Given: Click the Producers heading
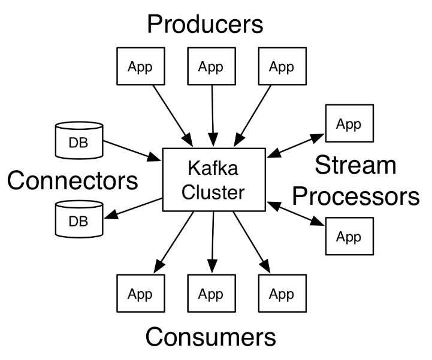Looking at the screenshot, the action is pyautogui.click(x=206, y=25).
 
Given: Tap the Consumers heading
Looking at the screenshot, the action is pyautogui.click(x=211, y=337).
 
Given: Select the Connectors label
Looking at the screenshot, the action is pyautogui.click(x=72, y=180).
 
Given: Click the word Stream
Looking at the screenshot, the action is pyautogui.click(x=355, y=165).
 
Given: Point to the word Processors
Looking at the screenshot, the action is pyautogui.click(x=356, y=196).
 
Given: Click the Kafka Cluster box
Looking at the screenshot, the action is pyautogui.click(x=214, y=180).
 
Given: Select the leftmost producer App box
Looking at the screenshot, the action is pyautogui.click(x=141, y=66).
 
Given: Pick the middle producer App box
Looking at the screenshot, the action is pyautogui.click(x=212, y=66).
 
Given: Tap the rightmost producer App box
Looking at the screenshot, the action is pyautogui.click(x=282, y=66).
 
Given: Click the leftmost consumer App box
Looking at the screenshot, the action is pyautogui.click(x=141, y=294).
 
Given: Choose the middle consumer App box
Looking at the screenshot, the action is pyautogui.click(x=212, y=294).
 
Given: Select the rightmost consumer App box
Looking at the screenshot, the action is pyautogui.click(x=282, y=294).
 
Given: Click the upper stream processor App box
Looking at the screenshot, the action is pyautogui.click(x=350, y=123).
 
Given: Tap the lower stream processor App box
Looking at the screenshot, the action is pyautogui.click(x=350, y=236).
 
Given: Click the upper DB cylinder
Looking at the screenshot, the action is pyautogui.click(x=79, y=141).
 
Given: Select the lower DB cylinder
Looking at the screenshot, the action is pyautogui.click(x=79, y=219).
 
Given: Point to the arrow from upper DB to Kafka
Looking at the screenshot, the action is pyautogui.click(x=132, y=151).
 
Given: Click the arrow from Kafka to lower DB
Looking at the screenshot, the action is pyautogui.click(x=133, y=208).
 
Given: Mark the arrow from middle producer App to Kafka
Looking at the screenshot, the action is pyautogui.click(x=213, y=116).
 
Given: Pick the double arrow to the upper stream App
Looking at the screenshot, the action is pyautogui.click(x=295, y=146).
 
